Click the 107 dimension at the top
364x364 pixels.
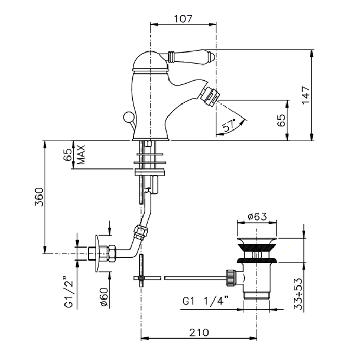coord(183,19)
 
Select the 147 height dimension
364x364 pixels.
coord(306,95)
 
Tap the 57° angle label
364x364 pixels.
coord(229,126)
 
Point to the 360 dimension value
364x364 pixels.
coord(39,197)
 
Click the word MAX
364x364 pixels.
coord(81,154)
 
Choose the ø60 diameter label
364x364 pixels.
coord(104,297)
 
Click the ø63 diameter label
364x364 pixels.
coord(257,217)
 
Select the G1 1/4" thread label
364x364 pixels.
coord(205,301)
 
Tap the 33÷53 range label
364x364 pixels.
coord(298,294)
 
